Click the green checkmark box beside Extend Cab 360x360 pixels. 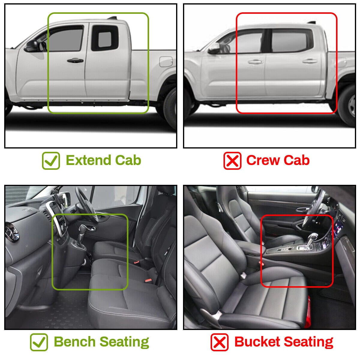pyautogui.click(x=51, y=160)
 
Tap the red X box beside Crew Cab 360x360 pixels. pyautogui.click(x=232, y=160)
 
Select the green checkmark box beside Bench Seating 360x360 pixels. pyautogui.click(x=39, y=342)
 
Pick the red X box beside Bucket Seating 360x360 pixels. pyautogui.click(x=220, y=342)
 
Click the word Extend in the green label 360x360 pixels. pyautogui.click(x=88, y=160)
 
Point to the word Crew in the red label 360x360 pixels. pyautogui.click(x=263, y=160)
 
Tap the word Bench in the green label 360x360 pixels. pyautogui.click(x=75, y=342)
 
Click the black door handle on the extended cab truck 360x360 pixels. pyautogui.click(x=75, y=60)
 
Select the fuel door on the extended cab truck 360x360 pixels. pyautogui.click(x=166, y=61)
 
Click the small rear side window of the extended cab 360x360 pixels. pyautogui.click(x=105, y=39)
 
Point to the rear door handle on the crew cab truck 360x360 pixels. pyautogui.click(x=310, y=61)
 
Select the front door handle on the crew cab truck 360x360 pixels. pyautogui.click(x=255, y=62)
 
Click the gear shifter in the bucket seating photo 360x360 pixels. pyautogui.click(x=311, y=241)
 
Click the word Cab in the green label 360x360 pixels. pyautogui.click(x=128, y=160)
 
